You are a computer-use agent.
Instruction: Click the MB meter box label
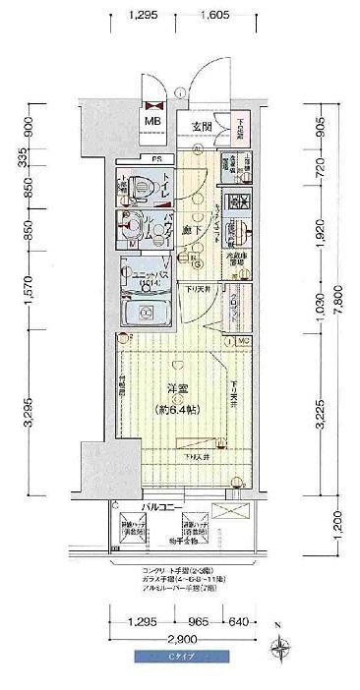[152, 121]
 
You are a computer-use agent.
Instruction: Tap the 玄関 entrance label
[203, 127]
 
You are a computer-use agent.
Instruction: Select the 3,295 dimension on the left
[30, 414]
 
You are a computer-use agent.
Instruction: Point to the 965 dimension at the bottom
[200, 621]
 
